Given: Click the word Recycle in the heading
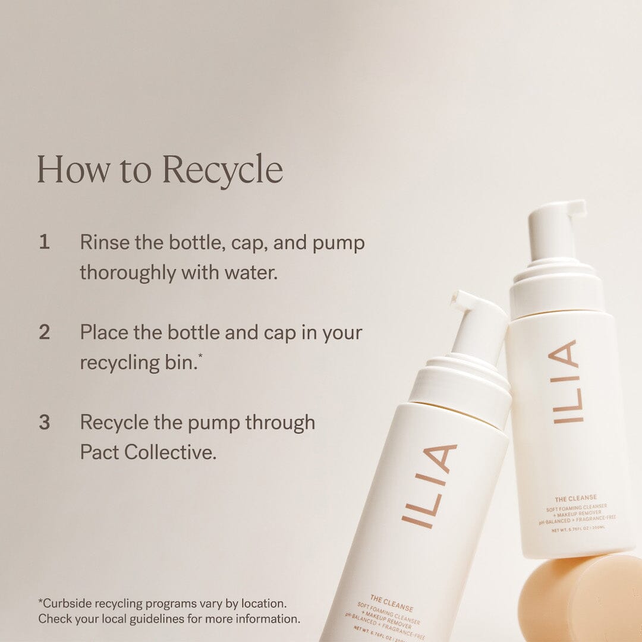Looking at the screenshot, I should tap(222, 169).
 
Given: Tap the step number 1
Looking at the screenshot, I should tap(44, 243).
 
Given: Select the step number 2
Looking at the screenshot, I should tap(44, 332).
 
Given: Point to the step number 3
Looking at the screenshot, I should tap(44, 423).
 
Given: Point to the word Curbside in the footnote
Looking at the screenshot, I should tap(69, 603).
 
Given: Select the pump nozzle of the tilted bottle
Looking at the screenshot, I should tap(464, 301).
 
